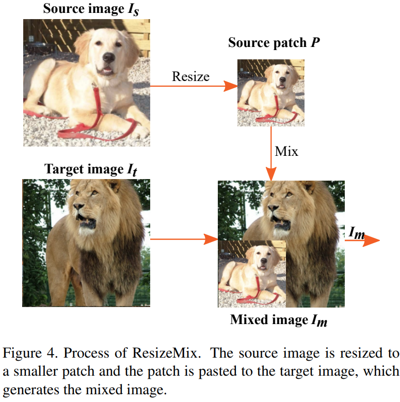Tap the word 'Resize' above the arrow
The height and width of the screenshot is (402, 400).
190,77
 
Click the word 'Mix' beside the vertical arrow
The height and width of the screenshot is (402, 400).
286,152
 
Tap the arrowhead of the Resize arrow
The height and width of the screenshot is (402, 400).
230,86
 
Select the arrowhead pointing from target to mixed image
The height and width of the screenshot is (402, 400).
211,239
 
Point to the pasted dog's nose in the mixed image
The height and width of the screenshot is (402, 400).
264,262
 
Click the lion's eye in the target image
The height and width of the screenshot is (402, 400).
94,194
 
